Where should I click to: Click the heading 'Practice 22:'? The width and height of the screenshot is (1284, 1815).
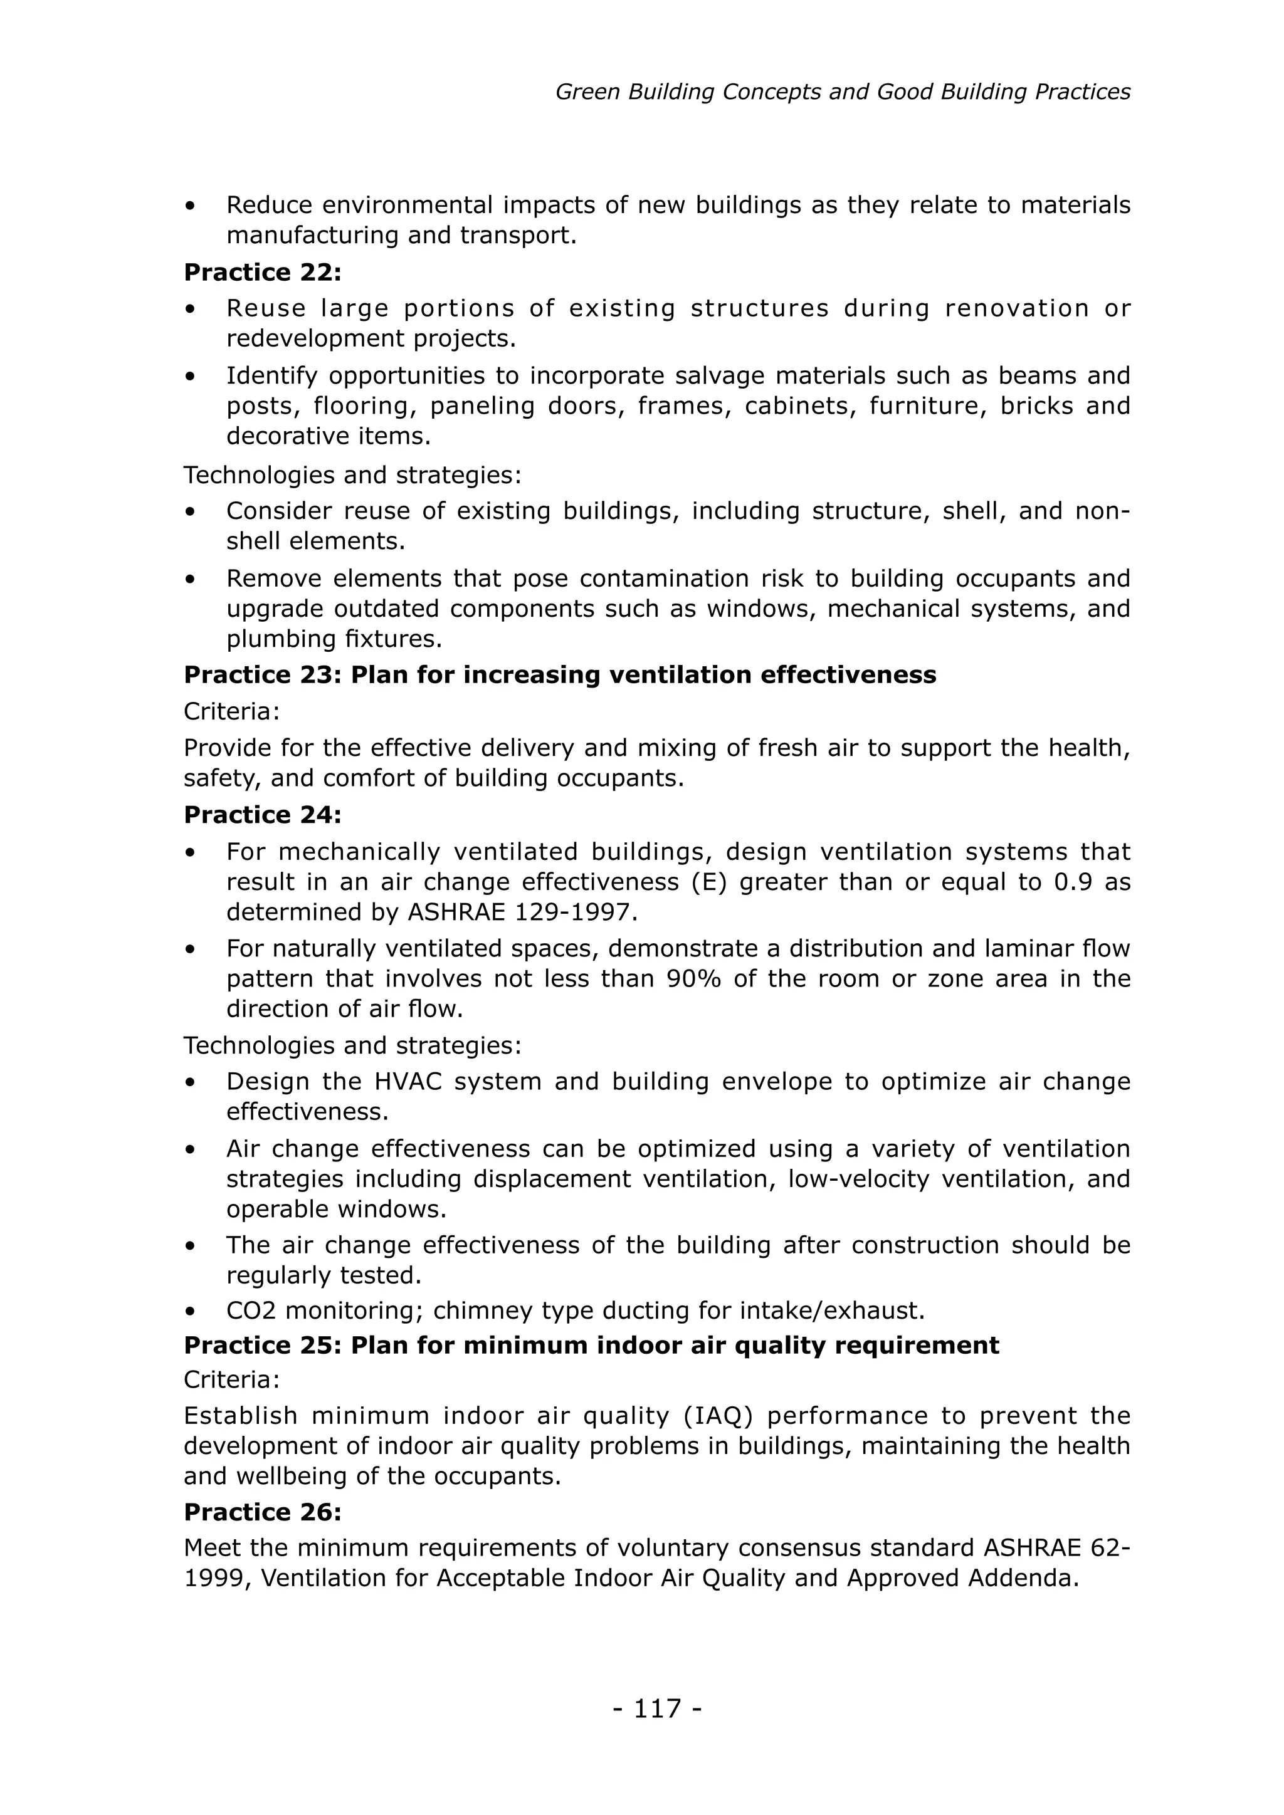(x=263, y=272)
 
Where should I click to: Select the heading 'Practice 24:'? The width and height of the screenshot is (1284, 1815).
(x=263, y=814)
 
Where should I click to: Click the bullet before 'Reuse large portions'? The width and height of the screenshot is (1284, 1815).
(x=190, y=309)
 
